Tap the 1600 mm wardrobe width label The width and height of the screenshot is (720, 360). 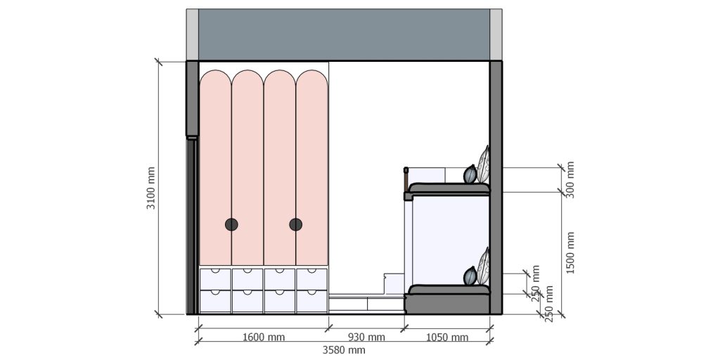click(264, 337)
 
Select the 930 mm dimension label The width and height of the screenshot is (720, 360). click(367, 337)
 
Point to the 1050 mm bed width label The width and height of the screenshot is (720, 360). click(448, 337)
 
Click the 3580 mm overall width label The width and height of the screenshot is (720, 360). click(344, 349)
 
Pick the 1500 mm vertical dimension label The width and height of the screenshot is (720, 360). click(570, 253)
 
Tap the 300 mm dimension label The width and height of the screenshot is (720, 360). click(570, 180)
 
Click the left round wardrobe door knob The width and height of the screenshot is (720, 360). click(231, 224)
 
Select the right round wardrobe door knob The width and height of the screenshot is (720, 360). click(295, 224)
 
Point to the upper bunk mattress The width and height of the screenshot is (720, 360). click(448, 188)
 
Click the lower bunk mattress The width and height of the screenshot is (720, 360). click(448, 290)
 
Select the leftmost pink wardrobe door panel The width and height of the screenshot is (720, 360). click(215, 169)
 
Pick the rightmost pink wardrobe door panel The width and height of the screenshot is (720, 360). click(311, 169)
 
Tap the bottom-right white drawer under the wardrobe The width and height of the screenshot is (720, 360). click(311, 302)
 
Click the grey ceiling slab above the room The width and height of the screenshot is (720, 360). click(344, 34)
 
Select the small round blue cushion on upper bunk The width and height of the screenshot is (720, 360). click(470, 174)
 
